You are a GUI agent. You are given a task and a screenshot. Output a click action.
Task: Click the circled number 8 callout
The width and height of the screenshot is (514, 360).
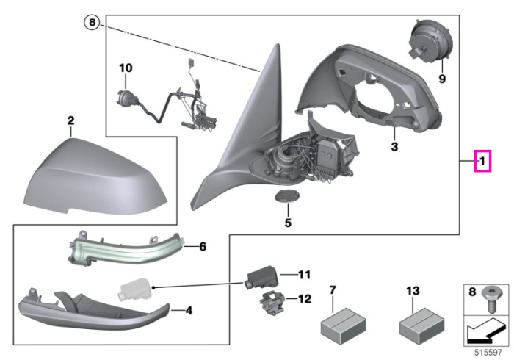tap(92, 22)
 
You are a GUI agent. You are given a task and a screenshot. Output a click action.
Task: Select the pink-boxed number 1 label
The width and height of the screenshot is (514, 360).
tap(482, 161)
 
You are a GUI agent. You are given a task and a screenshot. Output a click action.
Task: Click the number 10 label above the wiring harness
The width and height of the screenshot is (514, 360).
tap(126, 68)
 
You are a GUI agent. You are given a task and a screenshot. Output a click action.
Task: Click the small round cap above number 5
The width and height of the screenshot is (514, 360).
tap(287, 196)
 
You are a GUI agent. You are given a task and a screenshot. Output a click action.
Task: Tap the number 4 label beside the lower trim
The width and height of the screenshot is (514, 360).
tap(189, 311)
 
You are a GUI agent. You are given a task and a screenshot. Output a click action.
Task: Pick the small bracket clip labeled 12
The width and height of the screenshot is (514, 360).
tap(272, 303)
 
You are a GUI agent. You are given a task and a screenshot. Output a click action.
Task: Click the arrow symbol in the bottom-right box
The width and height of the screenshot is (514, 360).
tap(485, 331)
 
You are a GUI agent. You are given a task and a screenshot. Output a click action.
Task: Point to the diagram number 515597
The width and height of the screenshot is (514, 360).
tap(488, 353)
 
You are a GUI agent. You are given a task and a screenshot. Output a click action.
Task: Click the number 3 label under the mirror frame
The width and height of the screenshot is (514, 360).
tap(394, 146)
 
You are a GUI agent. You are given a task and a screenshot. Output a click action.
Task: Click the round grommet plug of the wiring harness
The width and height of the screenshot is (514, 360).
tap(126, 98)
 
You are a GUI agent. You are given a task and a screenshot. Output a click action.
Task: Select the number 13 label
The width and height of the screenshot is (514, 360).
tap(413, 291)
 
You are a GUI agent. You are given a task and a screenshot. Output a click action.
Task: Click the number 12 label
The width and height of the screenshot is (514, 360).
tap(305, 299)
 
